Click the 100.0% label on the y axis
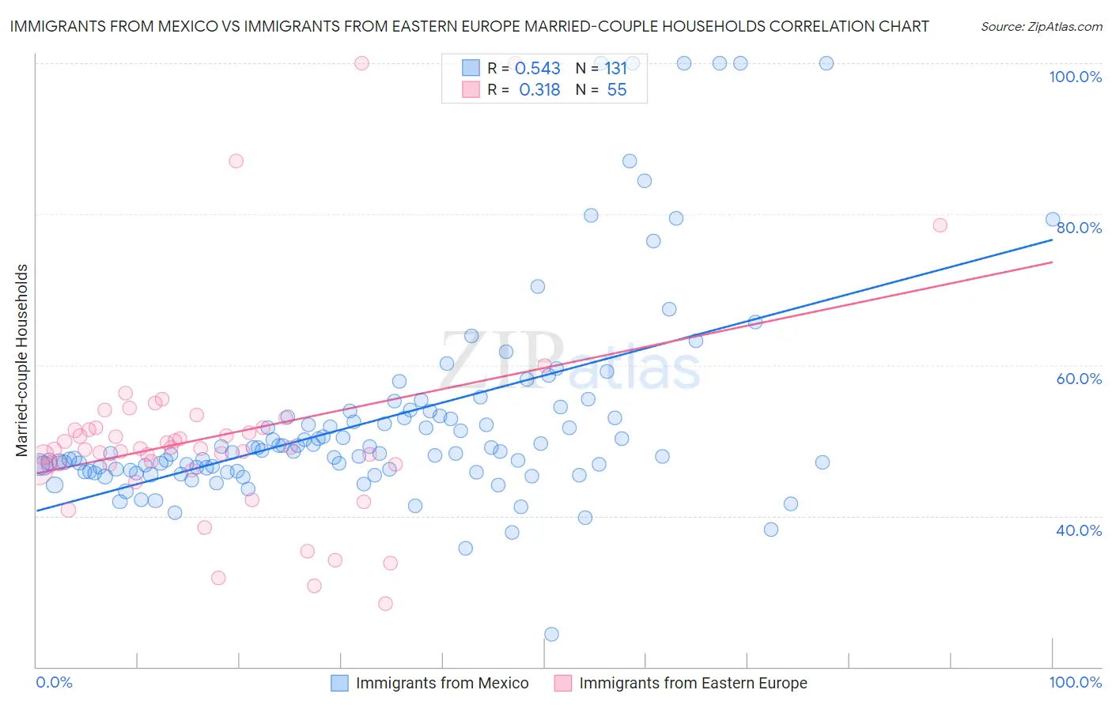tap(1075, 77)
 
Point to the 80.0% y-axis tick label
tap(1079, 228)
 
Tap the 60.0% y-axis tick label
tap(1079, 379)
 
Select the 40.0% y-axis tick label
tap(1079, 530)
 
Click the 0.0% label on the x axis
tap(54, 682)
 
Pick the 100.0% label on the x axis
tap(1075, 682)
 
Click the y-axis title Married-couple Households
tap(22, 360)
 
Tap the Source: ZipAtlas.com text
tap(1041, 26)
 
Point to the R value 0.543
tap(538, 69)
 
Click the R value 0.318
tap(539, 90)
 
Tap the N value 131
tap(615, 69)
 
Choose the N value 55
tap(617, 90)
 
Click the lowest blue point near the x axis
tap(551, 634)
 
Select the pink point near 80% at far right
tap(940, 225)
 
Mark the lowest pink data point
tap(385, 603)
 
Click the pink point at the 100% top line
tap(361, 63)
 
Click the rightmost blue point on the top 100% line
tap(826, 63)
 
